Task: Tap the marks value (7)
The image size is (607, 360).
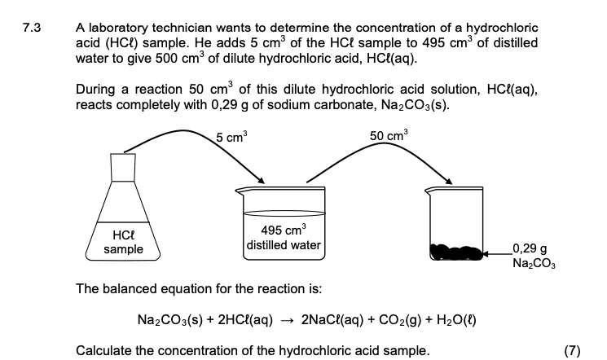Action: point(572,351)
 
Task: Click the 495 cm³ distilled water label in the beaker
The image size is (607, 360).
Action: point(284,237)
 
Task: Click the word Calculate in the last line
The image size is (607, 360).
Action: point(103,351)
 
